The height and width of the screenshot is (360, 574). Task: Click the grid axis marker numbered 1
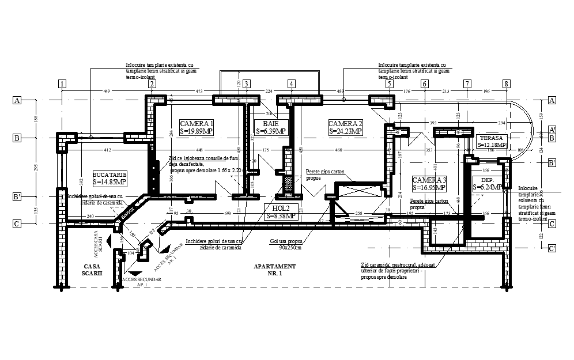tap(61, 84)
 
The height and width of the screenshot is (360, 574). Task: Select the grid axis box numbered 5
tap(389, 84)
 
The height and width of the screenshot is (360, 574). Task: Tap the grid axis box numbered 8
tap(505, 84)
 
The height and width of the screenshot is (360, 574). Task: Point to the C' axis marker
tap(552, 248)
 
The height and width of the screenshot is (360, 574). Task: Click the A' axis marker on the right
tap(552, 130)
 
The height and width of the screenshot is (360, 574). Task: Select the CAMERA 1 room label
tap(197, 124)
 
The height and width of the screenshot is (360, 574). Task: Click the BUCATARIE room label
tap(109, 174)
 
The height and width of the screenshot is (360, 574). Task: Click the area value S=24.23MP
tap(346, 131)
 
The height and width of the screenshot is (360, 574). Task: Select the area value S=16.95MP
tap(429, 188)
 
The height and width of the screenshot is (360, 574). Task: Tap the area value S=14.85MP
tap(109, 182)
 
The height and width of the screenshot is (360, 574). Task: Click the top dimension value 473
tap(199, 91)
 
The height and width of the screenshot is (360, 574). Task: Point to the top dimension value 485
tap(340, 91)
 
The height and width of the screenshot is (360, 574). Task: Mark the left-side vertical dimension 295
tap(35, 167)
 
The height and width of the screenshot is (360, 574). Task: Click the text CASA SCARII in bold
tap(92, 270)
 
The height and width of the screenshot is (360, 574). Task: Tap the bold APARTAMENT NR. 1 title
tap(274, 270)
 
